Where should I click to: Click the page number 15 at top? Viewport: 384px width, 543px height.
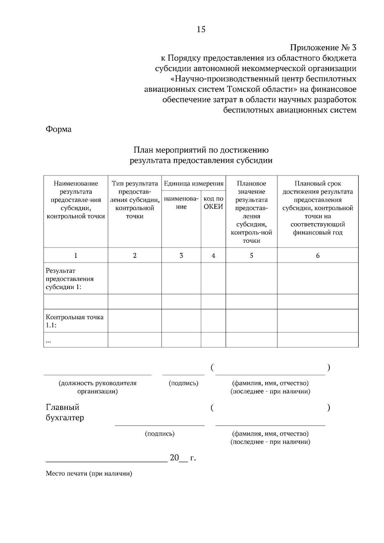tap(201, 29)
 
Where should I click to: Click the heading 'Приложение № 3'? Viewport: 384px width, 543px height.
tap(323, 48)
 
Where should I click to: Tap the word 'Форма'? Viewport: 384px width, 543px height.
tap(59, 129)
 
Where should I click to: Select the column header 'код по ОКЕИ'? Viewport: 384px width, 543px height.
tap(213, 203)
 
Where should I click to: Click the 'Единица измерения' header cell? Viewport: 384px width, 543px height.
tap(194, 184)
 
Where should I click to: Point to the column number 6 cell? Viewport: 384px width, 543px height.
tap(317, 256)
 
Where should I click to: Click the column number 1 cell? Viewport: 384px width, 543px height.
tap(76, 256)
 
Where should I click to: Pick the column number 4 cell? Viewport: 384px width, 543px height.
tap(213, 256)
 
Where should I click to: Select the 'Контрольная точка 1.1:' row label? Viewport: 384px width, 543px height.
tap(75, 321)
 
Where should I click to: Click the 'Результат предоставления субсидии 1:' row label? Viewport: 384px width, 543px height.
tap(70, 279)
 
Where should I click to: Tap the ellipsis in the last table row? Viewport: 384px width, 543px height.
tap(49, 341)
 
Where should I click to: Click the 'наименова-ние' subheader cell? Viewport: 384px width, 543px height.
tap(181, 203)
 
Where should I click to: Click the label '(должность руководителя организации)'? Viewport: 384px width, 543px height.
tap(97, 387)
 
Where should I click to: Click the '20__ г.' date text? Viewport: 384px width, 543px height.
tap(183, 458)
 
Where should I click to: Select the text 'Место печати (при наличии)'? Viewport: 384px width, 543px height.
tap(89, 474)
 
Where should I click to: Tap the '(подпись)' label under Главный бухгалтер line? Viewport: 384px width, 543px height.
tap(160, 434)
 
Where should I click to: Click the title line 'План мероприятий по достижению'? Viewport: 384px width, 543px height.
tap(201, 150)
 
